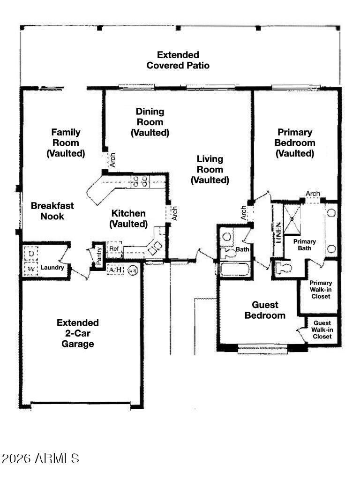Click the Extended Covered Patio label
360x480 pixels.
pos(178,60)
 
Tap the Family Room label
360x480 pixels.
pos(66,142)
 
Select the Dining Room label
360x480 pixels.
pos(150,122)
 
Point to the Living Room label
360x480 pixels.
pos(210,169)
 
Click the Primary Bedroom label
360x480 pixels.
pos(295,142)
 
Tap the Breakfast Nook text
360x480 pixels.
pos(52,211)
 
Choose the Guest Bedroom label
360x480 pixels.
pos(265,310)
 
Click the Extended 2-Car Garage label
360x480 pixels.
pos(78,333)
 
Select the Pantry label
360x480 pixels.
pos(98,256)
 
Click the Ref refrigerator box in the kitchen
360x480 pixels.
pos(114,248)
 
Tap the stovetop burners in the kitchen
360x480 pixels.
pos(140,181)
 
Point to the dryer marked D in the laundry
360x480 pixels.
pos(31,254)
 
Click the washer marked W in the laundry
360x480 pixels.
pos(31,269)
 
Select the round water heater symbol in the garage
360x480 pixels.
pos(133,270)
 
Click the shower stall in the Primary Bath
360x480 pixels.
pos(292,219)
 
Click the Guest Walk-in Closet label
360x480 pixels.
pos(322,330)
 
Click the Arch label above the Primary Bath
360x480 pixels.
pos(313,194)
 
